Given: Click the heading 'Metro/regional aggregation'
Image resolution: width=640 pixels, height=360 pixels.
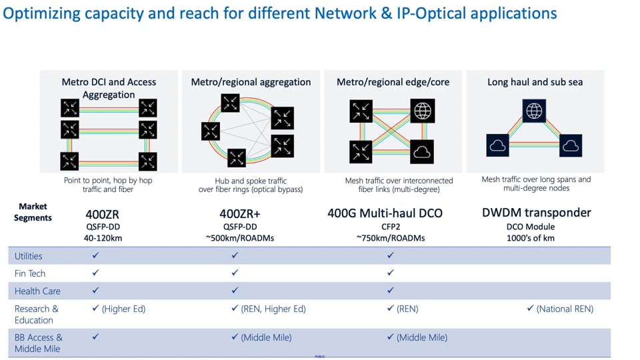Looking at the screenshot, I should pyautogui.click(x=251, y=82).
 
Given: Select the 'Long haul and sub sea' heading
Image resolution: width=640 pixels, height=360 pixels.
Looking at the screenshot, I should pyautogui.click(x=535, y=82).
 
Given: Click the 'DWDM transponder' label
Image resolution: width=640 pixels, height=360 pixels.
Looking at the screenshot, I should pyautogui.click(x=536, y=213).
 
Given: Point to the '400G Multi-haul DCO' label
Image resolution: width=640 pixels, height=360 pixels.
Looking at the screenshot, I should pyautogui.click(x=385, y=213).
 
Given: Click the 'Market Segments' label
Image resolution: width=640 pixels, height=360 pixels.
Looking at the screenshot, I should pyautogui.click(x=33, y=212).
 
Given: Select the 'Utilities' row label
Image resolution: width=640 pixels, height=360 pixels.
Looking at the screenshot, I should pyautogui.click(x=28, y=256).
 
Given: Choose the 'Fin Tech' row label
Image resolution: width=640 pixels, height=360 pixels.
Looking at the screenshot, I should pyautogui.click(x=30, y=273).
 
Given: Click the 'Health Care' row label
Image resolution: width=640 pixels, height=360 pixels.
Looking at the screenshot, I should pyautogui.click(x=37, y=291).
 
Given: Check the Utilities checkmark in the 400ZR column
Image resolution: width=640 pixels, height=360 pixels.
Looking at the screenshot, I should pyautogui.click(x=95, y=255).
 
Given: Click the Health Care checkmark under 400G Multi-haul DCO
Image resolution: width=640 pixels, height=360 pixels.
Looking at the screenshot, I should pyautogui.click(x=391, y=291).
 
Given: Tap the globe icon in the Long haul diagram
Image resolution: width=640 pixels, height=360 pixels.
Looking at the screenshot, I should pyautogui.click(x=535, y=111).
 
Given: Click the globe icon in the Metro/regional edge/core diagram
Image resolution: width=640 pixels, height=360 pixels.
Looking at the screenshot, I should pyautogui.click(x=423, y=111).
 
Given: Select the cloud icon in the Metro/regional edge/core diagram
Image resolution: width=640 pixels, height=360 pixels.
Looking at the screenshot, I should pyautogui.click(x=423, y=152).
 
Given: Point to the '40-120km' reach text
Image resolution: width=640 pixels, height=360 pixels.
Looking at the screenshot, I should pyautogui.click(x=104, y=238).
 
